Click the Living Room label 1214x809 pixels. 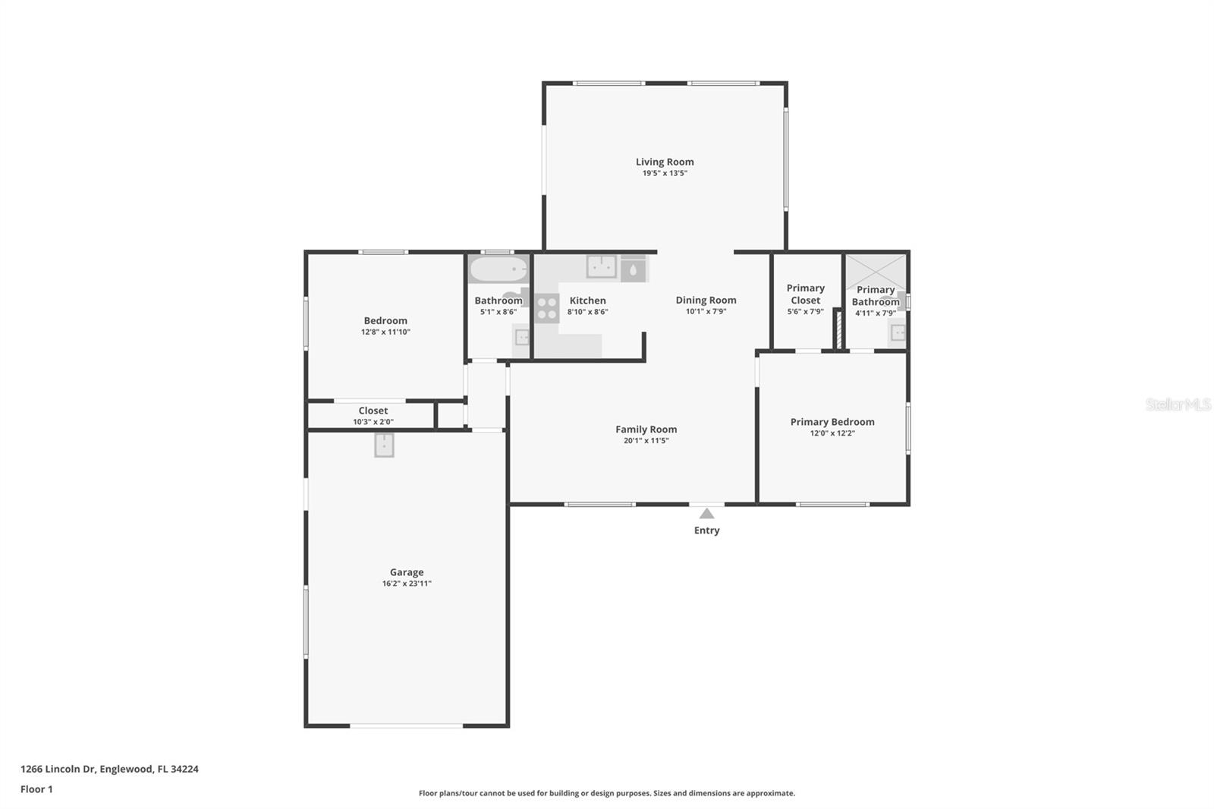click(665, 162)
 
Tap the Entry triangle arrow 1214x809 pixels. click(706, 514)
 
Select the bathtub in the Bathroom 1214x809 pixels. click(498, 269)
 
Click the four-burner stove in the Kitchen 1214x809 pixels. click(546, 308)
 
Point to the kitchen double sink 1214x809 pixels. click(601, 266)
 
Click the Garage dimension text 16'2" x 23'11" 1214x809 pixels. click(407, 584)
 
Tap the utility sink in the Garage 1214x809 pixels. click(385, 445)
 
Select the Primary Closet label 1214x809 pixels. click(805, 294)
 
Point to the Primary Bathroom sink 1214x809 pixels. click(898, 332)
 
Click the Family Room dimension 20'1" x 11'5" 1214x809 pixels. click(646, 440)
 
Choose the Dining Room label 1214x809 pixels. click(706, 300)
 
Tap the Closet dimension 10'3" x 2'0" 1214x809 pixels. click(373, 422)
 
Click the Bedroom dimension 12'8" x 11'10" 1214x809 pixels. click(385, 332)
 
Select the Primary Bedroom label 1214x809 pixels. click(832, 422)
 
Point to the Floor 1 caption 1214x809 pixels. click(36, 789)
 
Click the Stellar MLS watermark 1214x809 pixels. click(1178, 404)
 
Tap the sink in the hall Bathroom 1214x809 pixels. click(522, 336)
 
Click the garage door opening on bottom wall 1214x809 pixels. click(407, 726)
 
